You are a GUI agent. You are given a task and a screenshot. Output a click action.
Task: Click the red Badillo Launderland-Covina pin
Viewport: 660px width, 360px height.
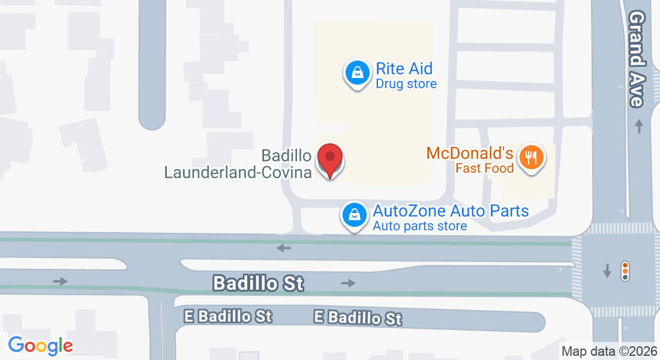point(329,160)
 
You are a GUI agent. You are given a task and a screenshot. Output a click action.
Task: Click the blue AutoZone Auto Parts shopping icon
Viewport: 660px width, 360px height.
point(355,214)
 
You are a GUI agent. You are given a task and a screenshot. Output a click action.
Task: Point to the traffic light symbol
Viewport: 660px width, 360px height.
point(625,271)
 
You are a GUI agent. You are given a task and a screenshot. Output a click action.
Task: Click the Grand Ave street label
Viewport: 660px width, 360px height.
point(637,59)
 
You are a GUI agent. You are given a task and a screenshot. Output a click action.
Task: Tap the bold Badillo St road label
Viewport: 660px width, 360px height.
point(259,283)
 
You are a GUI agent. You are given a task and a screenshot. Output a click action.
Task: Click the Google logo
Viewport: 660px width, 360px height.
point(40,345)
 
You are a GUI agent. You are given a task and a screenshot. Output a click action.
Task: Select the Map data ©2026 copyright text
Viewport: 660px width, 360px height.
point(609,352)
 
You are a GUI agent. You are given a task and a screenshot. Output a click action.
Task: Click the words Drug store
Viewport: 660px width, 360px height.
point(406,84)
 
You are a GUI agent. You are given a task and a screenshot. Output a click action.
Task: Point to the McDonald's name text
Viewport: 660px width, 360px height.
point(470,153)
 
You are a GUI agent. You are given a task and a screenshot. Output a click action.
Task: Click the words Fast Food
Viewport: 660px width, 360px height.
point(485,169)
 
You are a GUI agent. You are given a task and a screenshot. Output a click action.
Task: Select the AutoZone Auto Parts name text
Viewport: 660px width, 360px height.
point(451,211)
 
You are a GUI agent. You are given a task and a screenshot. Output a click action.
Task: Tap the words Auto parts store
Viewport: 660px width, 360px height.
point(419,226)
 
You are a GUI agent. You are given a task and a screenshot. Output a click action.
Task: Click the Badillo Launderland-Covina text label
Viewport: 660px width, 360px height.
point(238,164)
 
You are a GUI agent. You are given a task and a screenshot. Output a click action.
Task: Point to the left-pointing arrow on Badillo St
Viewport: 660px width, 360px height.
point(284,248)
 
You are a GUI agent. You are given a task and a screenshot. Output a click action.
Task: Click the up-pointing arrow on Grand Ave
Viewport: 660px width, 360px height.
point(639,127)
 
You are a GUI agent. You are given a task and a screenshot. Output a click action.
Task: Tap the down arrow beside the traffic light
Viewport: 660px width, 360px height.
point(607,271)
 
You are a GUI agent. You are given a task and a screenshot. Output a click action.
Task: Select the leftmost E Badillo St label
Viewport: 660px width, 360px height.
point(228,316)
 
